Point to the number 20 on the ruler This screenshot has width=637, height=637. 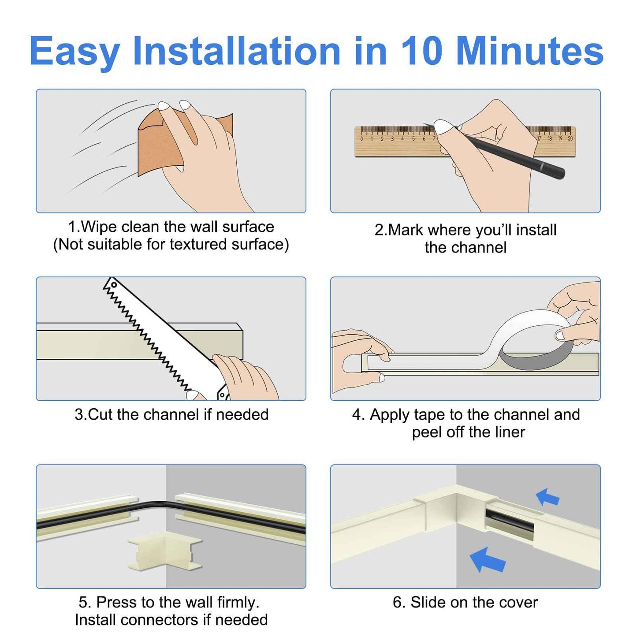point(570,138)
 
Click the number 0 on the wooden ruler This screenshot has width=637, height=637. point(361,139)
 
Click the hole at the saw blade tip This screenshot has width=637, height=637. point(113,285)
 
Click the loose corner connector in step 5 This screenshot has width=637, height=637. point(164,551)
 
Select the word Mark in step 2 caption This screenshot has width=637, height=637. point(406,230)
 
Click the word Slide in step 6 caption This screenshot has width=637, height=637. point(426,603)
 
